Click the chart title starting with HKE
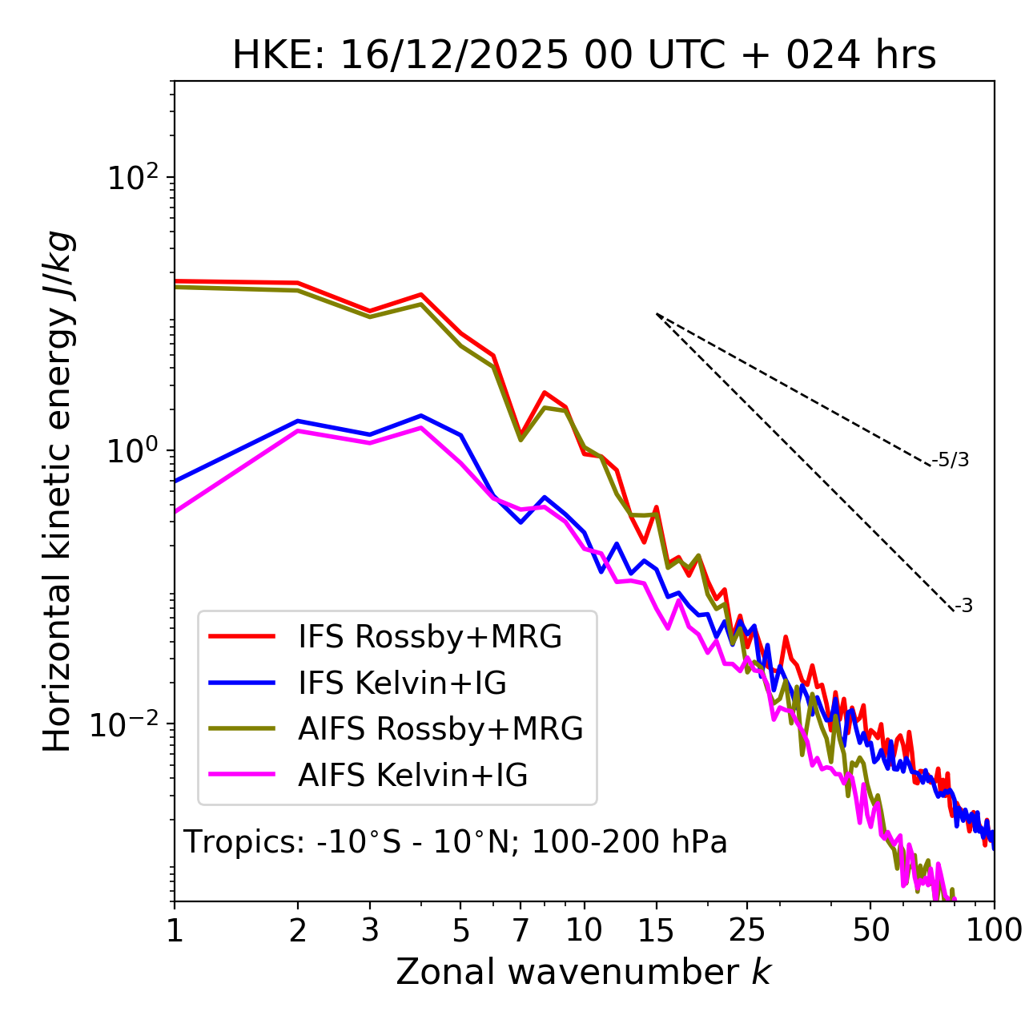click(x=584, y=56)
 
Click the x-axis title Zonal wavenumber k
click(x=584, y=972)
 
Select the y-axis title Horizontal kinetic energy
click(x=58, y=491)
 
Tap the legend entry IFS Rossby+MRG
click(x=430, y=637)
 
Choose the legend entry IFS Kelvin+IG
click(x=402, y=683)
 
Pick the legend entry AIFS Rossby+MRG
click(x=440, y=729)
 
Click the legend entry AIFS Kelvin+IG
click(x=412, y=776)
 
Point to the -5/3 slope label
click(x=951, y=460)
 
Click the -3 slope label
click(x=963, y=607)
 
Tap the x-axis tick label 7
click(x=521, y=931)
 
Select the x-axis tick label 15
click(x=656, y=931)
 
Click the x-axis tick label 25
click(x=747, y=931)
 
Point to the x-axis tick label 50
click(x=870, y=931)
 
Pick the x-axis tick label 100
click(x=994, y=931)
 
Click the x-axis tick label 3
click(x=370, y=931)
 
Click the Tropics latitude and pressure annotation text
click(x=456, y=842)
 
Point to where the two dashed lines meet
click(x=657, y=314)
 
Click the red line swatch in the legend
click(x=242, y=637)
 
